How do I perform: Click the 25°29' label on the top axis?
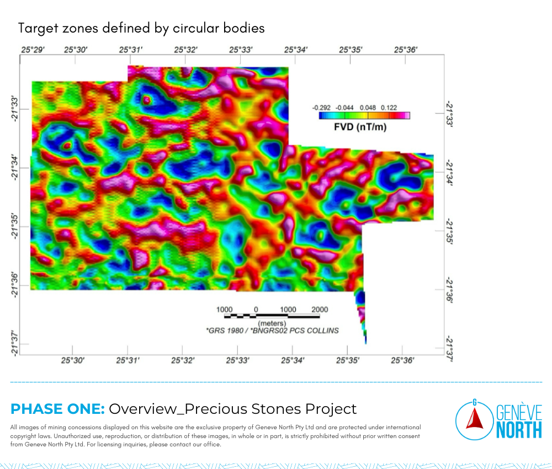click(x=33, y=50)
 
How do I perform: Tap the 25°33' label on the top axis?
click(x=241, y=50)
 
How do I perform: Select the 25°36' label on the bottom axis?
click(x=402, y=360)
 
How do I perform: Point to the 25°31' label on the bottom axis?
click(x=128, y=360)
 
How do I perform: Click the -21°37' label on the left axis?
click(x=14, y=343)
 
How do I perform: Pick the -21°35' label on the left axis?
click(x=14, y=226)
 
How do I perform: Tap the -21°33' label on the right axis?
click(x=449, y=114)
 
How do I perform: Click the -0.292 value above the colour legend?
click(x=321, y=108)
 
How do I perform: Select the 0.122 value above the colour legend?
click(x=389, y=108)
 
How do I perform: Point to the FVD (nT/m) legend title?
click(x=360, y=127)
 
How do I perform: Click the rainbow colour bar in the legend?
click(x=364, y=115)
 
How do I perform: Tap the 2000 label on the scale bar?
click(x=320, y=310)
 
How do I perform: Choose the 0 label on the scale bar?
click(x=256, y=310)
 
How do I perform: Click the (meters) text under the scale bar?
click(x=272, y=323)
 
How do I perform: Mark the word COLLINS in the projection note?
click(x=323, y=331)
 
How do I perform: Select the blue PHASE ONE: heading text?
click(x=58, y=409)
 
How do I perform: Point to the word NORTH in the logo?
click(x=519, y=430)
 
